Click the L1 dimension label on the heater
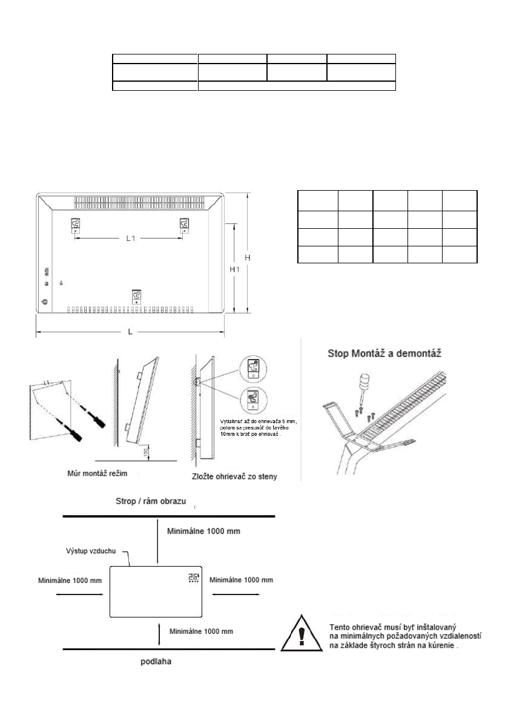(129, 239)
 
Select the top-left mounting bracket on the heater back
(75, 225)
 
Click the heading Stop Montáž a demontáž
(384, 352)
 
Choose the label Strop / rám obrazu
(151, 502)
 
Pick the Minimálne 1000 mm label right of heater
(241, 579)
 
